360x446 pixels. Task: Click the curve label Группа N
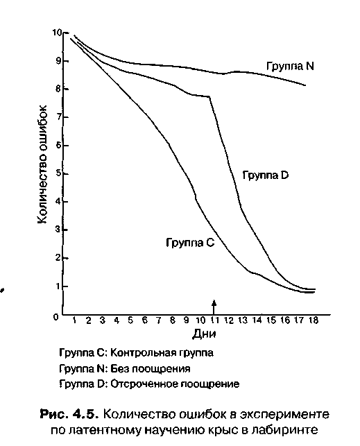click(290, 67)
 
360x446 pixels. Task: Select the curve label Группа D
click(265, 175)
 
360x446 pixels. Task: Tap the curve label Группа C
click(190, 243)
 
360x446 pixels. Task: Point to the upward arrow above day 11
click(214, 307)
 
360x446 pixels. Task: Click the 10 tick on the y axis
click(57, 33)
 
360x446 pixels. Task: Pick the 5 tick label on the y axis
click(58, 173)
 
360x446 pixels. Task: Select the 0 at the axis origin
click(56, 317)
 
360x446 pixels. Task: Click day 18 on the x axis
click(313, 320)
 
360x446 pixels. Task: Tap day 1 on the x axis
click(74, 320)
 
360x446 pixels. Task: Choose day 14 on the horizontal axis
click(257, 320)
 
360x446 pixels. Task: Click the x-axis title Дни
click(204, 334)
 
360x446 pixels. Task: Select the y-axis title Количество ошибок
click(42, 164)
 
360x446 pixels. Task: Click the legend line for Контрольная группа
click(136, 353)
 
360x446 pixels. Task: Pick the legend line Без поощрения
click(125, 369)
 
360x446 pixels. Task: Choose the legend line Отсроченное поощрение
click(149, 384)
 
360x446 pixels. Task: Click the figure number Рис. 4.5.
click(69, 414)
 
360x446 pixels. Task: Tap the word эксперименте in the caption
click(284, 415)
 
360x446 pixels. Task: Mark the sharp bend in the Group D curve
click(210, 97)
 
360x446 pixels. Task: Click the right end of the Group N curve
click(305, 85)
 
